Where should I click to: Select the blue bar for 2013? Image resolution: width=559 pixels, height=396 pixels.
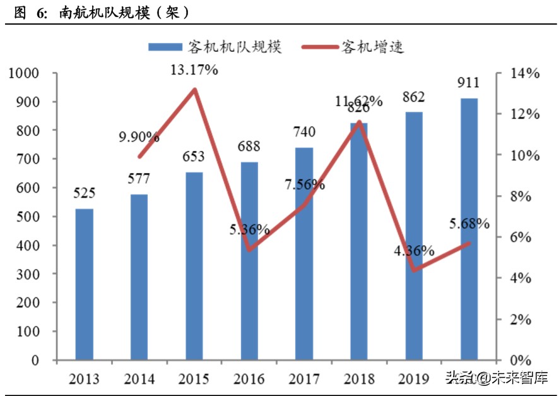84,284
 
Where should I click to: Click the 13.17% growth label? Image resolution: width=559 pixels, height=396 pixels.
194,69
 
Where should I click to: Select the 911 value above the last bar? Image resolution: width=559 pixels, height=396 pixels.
469,82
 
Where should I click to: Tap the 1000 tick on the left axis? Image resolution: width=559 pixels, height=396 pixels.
25,73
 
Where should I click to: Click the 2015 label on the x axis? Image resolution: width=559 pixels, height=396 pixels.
194,379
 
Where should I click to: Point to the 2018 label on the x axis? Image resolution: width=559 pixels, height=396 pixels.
359,379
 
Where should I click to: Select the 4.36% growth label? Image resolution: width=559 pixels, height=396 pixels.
414,250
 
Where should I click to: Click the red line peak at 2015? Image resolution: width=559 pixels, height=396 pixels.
194,89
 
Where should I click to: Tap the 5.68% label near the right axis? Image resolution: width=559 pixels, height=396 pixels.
469,223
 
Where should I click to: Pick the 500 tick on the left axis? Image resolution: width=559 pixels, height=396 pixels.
28,217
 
